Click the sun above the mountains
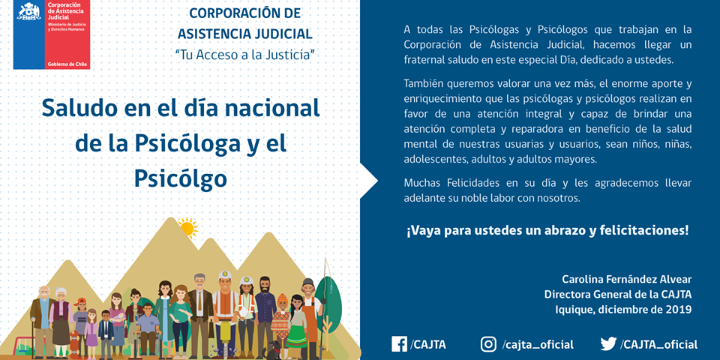coord(187,227)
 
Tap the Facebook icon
coord(399,344)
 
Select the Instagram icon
coord(488,344)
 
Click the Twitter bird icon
coord(608,344)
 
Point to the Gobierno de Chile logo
coord(51,35)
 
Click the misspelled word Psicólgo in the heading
coord(180,178)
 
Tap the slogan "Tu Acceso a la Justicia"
coord(244,55)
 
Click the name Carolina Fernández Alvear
coord(627,280)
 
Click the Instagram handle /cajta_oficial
coord(538,345)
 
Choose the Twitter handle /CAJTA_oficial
coord(659,345)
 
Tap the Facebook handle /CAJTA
coord(429,345)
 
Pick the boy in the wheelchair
coord(147,330)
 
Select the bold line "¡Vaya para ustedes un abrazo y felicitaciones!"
coord(547,230)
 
